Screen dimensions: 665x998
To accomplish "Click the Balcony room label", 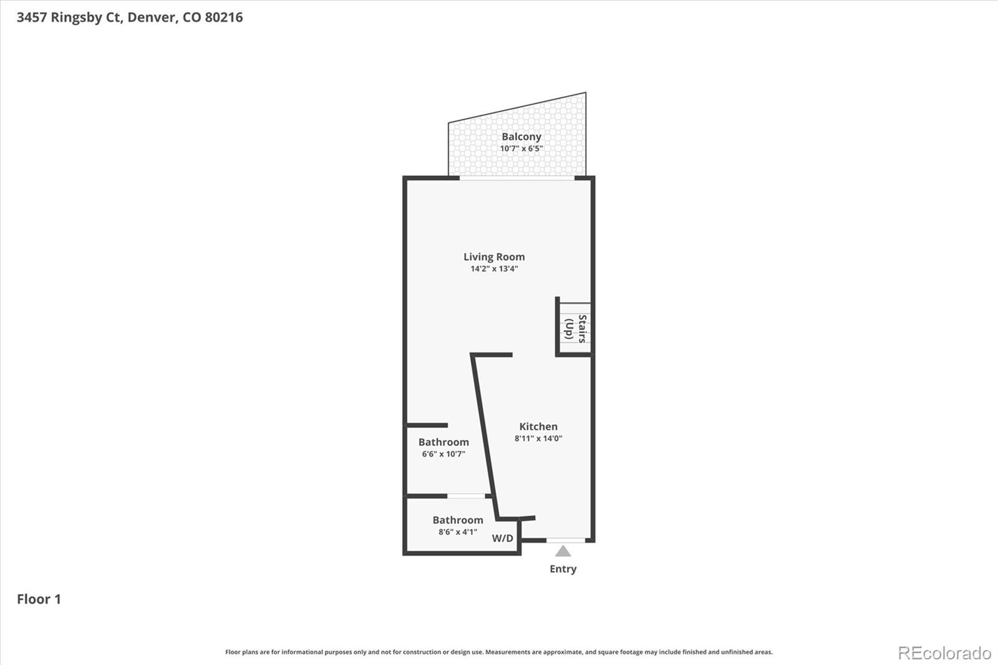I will (521, 137).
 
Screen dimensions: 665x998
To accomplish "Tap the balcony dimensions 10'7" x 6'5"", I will (521, 148).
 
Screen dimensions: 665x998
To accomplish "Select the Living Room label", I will (494, 256).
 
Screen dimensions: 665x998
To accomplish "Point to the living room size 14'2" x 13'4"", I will (494, 269).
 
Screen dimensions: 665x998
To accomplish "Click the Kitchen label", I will (538, 427).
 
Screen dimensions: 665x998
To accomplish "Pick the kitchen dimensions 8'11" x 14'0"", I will (538, 439).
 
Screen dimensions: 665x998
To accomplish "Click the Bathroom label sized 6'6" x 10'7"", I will (443, 442).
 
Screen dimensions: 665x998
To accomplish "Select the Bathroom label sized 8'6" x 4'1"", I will (458, 520).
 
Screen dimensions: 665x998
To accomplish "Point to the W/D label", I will (503, 538).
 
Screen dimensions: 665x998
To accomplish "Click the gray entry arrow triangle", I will (563, 551).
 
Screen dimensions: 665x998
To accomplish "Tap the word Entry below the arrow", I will (563, 569).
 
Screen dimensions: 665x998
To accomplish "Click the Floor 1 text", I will (39, 599).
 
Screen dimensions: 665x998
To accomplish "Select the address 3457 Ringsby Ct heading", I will (69, 17).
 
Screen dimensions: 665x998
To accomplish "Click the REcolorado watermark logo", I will (944, 653).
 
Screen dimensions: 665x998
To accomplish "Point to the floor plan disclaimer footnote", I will (499, 652).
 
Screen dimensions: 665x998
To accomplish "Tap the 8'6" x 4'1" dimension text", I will (458, 532).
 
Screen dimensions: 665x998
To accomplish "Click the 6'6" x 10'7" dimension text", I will (443, 454).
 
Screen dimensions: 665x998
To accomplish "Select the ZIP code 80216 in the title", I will (224, 17).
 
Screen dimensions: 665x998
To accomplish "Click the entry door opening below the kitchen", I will (566, 540).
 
